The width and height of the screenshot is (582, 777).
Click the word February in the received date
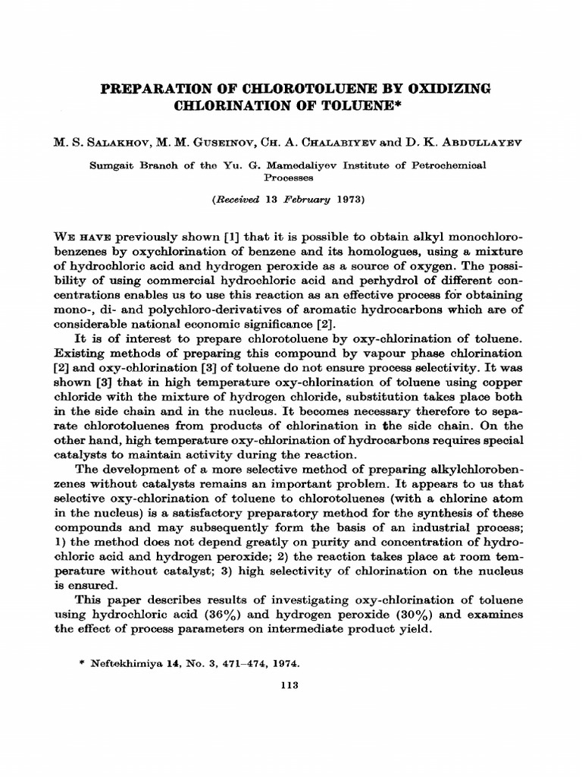(304, 200)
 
